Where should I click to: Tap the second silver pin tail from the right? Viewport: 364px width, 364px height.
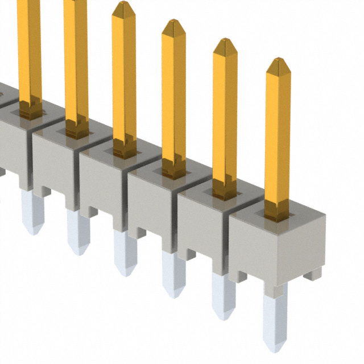223,296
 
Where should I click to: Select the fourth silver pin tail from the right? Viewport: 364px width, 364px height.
125,253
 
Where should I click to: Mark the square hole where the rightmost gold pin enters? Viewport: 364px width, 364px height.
277,214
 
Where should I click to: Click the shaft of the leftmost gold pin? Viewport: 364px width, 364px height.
29,51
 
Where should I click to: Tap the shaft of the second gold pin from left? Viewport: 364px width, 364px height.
75,63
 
